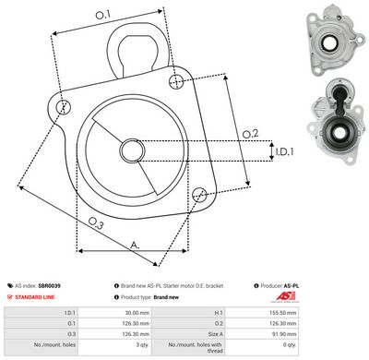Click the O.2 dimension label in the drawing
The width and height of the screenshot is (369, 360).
(x=249, y=135)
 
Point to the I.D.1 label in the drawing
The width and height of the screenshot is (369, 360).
(x=282, y=150)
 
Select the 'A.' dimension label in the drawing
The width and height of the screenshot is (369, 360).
(x=135, y=246)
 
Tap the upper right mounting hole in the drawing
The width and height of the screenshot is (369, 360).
(x=176, y=82)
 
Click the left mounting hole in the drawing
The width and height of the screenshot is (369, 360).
(x=63, y=107)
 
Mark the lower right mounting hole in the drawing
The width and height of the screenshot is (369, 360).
(x=199, y=193)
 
